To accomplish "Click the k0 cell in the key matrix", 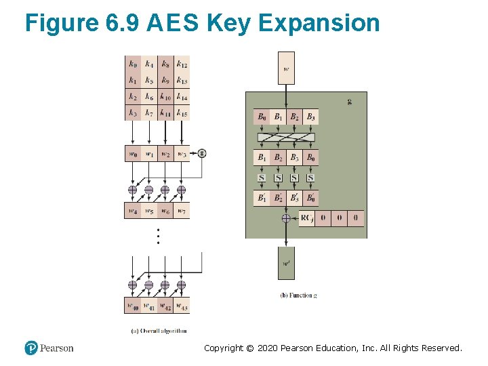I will [133, 64].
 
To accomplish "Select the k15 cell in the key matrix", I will [182, 113].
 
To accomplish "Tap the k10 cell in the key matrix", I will [165, 97].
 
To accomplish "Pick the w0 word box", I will [133, 154].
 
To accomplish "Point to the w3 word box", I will [182, 154].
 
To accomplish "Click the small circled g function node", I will [202, 153].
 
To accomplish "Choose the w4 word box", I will [133, 211].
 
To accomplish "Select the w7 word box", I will [182, 211].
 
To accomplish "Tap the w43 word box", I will [182, 306].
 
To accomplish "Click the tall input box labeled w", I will [286, 68].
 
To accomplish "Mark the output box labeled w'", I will [286, 263].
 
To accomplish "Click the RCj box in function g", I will [307, 218].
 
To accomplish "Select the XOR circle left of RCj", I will [286, 218].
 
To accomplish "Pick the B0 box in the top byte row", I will [262, 117].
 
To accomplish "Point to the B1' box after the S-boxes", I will [262, 199].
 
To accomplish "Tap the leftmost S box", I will [262, 178].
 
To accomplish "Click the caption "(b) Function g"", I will [298, 296].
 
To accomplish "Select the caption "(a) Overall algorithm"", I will [157, 331].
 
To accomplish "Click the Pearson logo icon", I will [31, 348].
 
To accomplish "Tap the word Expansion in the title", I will [319, 23].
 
